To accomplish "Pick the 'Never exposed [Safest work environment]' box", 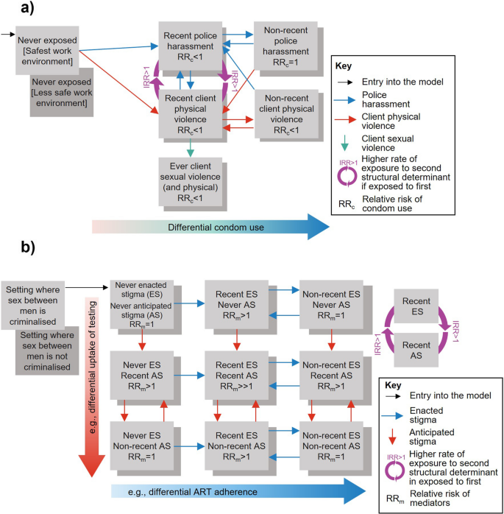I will (x=46, y=49).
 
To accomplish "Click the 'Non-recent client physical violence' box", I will (x=283, y=115).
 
